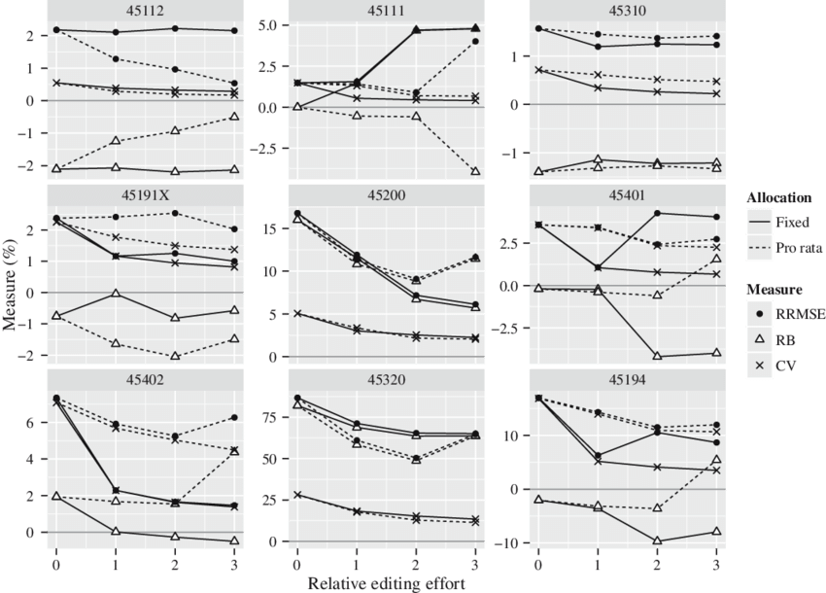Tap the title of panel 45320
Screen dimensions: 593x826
click(x=384, y=380)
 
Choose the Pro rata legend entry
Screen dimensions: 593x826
click(x=783, y=248)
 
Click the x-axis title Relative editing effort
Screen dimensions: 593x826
click(x=384, y=583)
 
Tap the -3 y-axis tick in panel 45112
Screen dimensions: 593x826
click(x=34, y=167)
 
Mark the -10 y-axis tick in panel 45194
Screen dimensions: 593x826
click(x=515, y=541)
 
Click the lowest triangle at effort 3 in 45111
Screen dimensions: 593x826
click(x=475, y=171)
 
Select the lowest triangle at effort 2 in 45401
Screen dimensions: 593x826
click(x=657, y=357)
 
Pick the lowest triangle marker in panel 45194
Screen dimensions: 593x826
click(x=657, y=541)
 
